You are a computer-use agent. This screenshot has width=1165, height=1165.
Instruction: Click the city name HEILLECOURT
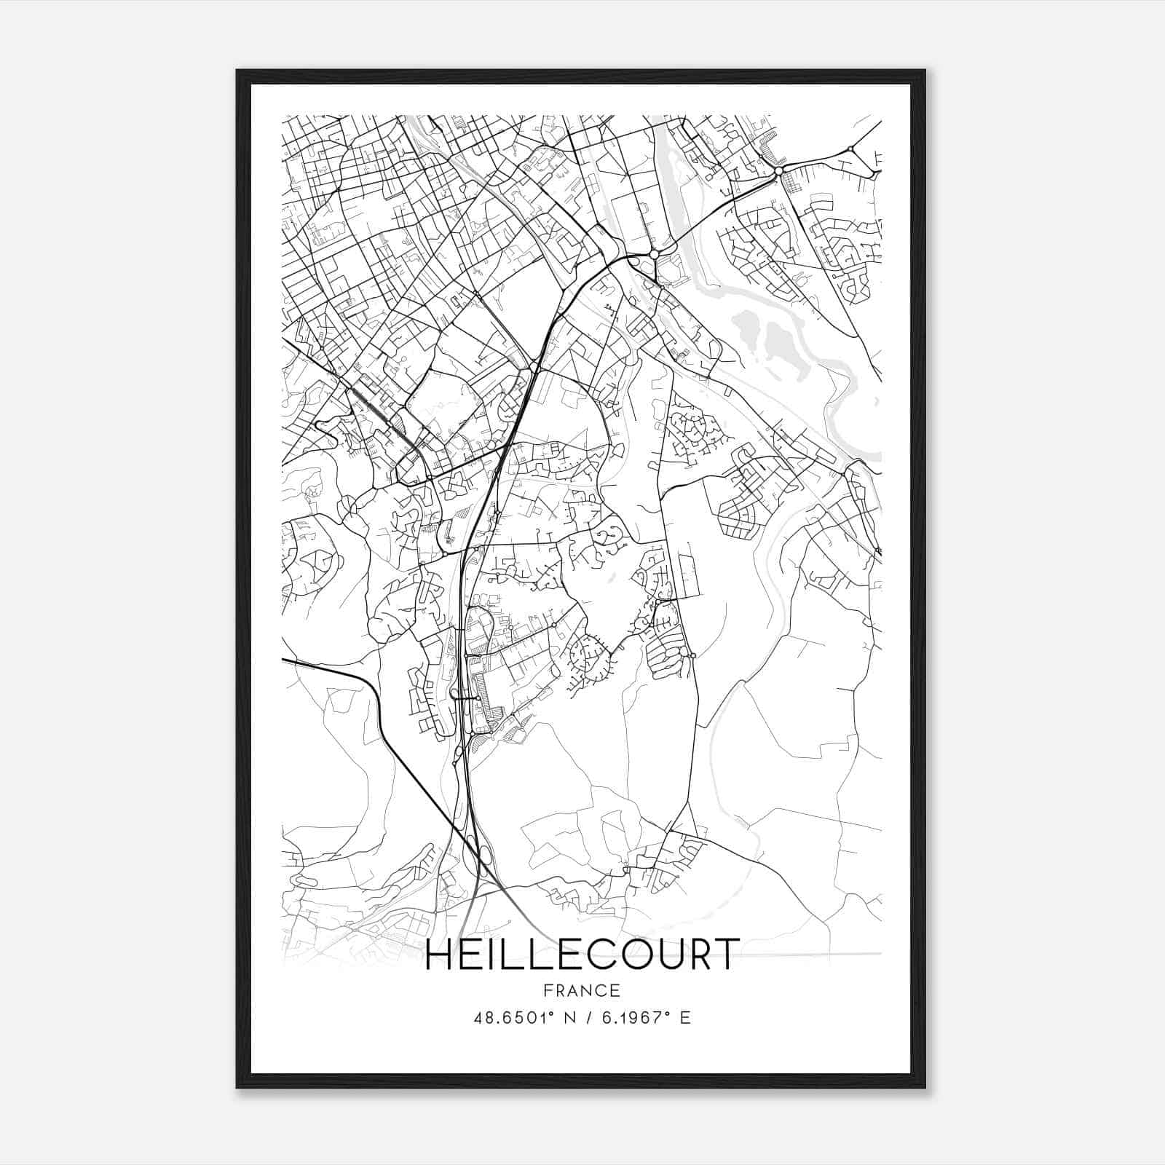(582, 955)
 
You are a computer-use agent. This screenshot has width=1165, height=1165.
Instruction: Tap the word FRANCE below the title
(582, 990)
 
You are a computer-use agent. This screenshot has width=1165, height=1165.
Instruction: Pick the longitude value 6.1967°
(630, 1018)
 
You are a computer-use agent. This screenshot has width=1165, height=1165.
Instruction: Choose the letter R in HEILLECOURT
(697, 955)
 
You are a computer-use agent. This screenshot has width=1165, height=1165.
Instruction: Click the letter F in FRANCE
(547, 990)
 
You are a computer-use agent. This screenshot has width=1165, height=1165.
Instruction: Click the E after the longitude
(684, 1018)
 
